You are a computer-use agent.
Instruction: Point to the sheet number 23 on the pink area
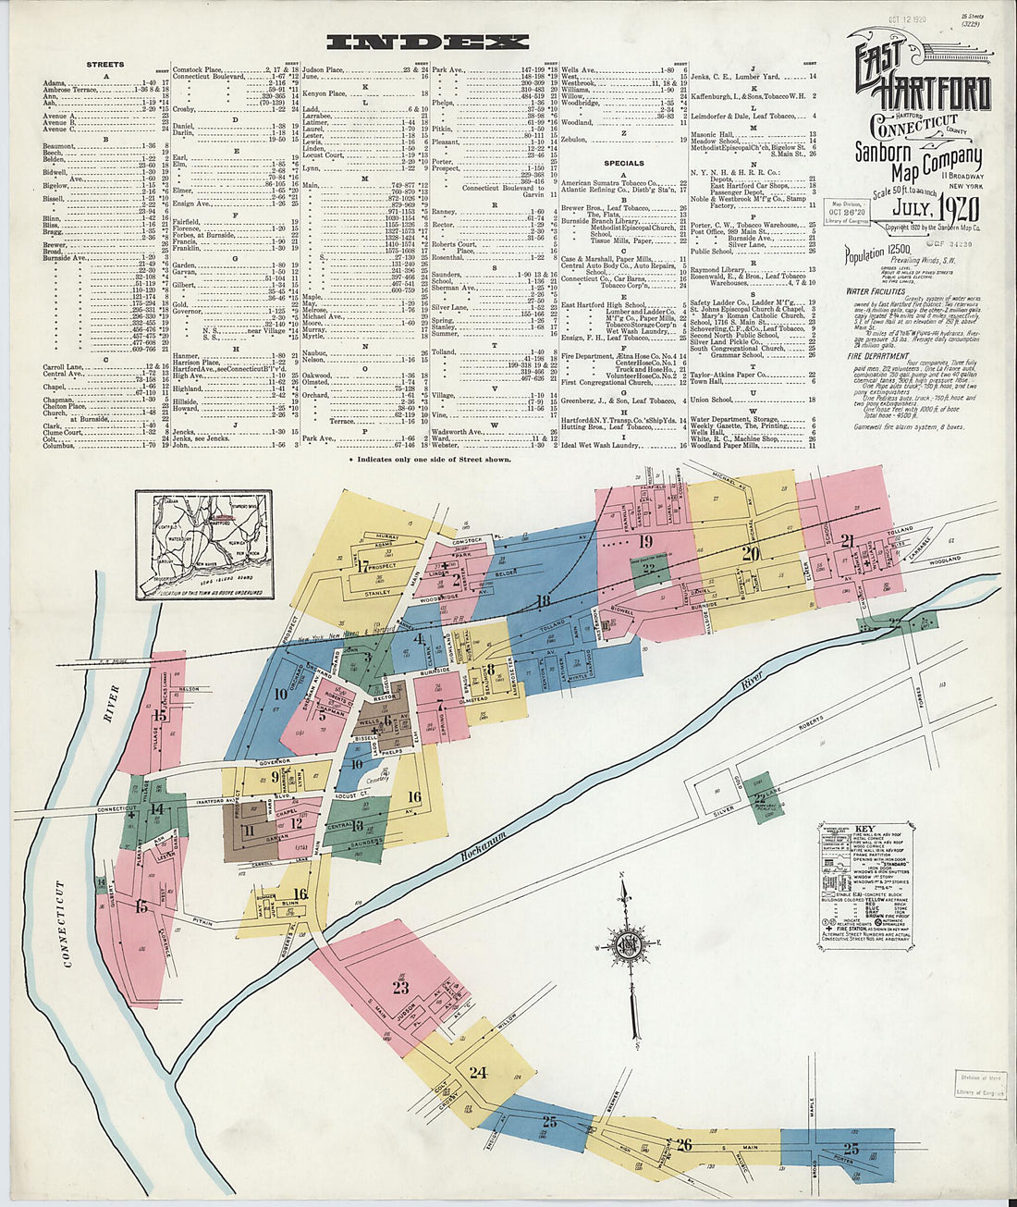click(x=400, y=987)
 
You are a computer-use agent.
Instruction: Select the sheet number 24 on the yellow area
click(x=477, y=1073)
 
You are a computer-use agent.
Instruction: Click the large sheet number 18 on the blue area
click(x=543, y=601)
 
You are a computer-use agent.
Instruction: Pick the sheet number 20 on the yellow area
click(x=750, y=554)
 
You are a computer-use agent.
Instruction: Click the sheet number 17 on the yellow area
click(x=363, y=567)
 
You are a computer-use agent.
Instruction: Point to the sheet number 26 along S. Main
click(x=683, y=1145)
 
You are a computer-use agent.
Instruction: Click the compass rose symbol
click(x=626, y=944)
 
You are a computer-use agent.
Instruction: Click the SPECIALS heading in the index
click(x=624, y=163)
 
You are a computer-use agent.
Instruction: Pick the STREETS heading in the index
click(x=104, y=65)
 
